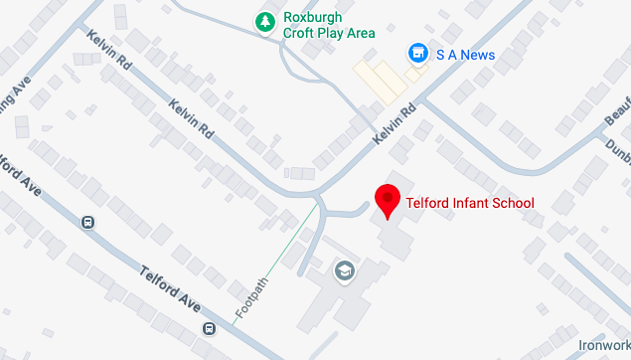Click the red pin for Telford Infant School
[x=388, y=200]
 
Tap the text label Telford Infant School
[x=470, y=203]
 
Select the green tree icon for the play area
[x=264, y=21]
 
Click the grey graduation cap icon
[x=345, y=270]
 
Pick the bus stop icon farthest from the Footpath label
[x=88, y=223]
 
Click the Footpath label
[x=252, y=297]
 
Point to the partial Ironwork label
[x=603, y=344]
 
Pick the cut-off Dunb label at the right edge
[x=617, y=146]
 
